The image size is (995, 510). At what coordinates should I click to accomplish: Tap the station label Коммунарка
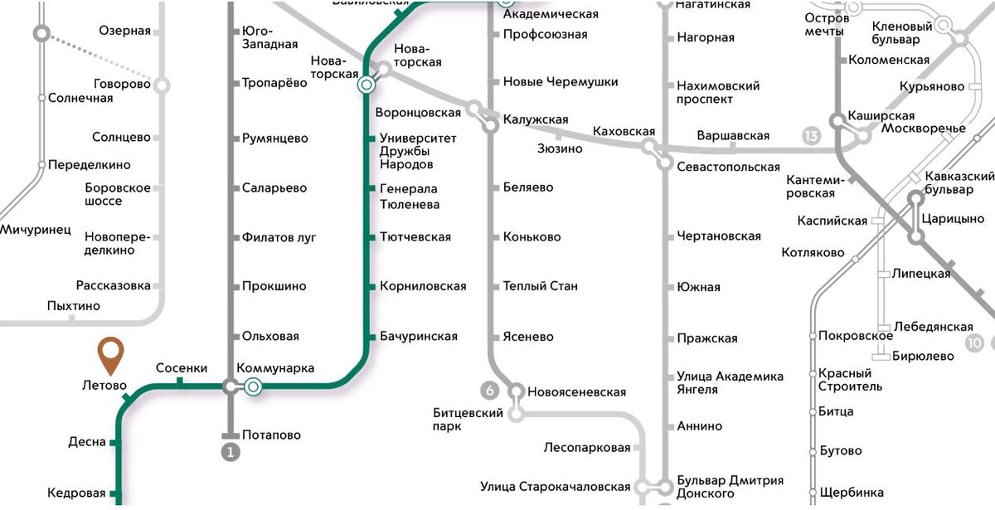pyautogui.click(x=275, y=369)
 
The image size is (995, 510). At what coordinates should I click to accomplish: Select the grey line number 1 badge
pyautogui.click(x=230, y=453)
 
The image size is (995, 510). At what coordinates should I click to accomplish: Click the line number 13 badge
pyautogui.click(x=811, y=136)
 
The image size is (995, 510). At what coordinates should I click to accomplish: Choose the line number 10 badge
pyautogui.click(x=975, y=342)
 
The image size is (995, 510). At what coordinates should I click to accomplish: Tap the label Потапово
pyautogui.click(x=272, y=435)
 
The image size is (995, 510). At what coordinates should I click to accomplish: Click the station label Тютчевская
pyautogui.click(x=415, y=237)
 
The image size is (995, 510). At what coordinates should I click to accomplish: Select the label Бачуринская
pyautogui.click(x=419, y=337)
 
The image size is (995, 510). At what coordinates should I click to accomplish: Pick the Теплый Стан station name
pyautogui.click(x=541, y=286)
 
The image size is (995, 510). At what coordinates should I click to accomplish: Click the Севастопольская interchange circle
pyautogui.click(x=665, y=163)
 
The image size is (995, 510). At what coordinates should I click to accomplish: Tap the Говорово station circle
pyautogui.click(x=163, y=85)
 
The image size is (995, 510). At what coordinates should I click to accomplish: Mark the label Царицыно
pyautogui.click(x=946, y=220)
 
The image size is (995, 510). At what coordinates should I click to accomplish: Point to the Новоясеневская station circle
pyautogui.click(x=516, y=391)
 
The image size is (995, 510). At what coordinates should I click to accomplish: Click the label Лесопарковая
pyautogui.click(x=587, y=448)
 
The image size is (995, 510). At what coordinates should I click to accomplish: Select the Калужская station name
pyautogui.click(x=536, y=119)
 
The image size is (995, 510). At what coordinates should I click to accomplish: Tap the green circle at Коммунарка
pyautogui.click(x=253, y=386)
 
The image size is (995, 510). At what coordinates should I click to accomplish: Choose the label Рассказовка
pyautogui.click(x=114, y=285)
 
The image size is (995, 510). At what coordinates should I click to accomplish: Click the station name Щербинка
pyautogui.click(x=851, y=493)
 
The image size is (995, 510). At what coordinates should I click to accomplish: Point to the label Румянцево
pyautogui.click(x=275, y=138)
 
